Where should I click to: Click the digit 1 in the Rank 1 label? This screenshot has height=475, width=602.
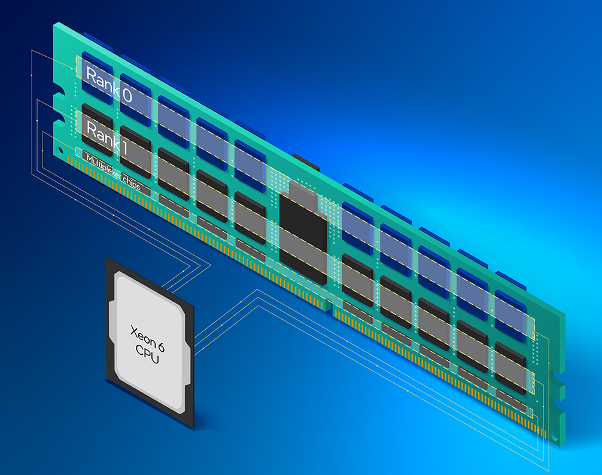[x=123, y=147]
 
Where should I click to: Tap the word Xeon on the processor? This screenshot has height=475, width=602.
[x=141, y=335]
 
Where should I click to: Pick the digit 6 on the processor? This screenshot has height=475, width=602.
[x=161, y=347]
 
